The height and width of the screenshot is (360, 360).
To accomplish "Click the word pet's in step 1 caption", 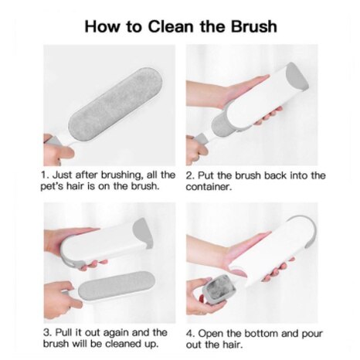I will click(56, 188).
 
